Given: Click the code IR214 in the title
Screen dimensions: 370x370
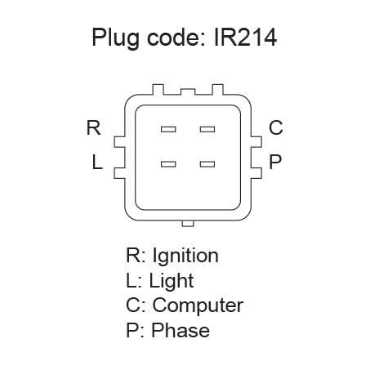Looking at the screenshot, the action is point(245,38).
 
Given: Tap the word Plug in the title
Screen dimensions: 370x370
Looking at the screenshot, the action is point(116,38).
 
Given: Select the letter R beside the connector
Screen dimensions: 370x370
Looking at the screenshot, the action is point(93,127).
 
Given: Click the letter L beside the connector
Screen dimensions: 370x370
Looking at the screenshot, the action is point(97,162).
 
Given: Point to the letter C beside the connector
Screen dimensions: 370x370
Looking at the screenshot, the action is point(276,127).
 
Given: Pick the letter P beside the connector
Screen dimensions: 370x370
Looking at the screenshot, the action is point(274,162).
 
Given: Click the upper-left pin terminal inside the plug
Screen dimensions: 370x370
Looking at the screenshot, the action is point(168,129).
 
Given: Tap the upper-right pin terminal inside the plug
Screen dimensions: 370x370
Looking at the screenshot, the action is point(207,129).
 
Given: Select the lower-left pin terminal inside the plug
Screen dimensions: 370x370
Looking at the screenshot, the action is point(168,164).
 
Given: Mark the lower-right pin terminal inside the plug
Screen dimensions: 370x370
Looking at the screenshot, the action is point(207,164).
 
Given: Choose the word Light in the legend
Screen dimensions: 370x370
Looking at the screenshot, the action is point(172,282).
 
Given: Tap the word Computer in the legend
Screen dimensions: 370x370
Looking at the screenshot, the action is point(198,305).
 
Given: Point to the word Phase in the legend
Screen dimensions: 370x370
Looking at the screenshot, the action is point(181,330).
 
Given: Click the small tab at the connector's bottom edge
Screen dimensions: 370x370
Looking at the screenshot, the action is point(188,223).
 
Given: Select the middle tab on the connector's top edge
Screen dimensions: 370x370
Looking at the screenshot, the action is point(188,91).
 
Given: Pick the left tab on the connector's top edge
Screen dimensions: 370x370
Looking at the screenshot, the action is point(158,90).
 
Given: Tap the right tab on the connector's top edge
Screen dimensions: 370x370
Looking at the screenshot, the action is point(217,90).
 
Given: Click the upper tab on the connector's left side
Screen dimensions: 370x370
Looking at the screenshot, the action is point(119,142).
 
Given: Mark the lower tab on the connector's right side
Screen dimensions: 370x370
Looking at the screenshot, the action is point(256,173).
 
